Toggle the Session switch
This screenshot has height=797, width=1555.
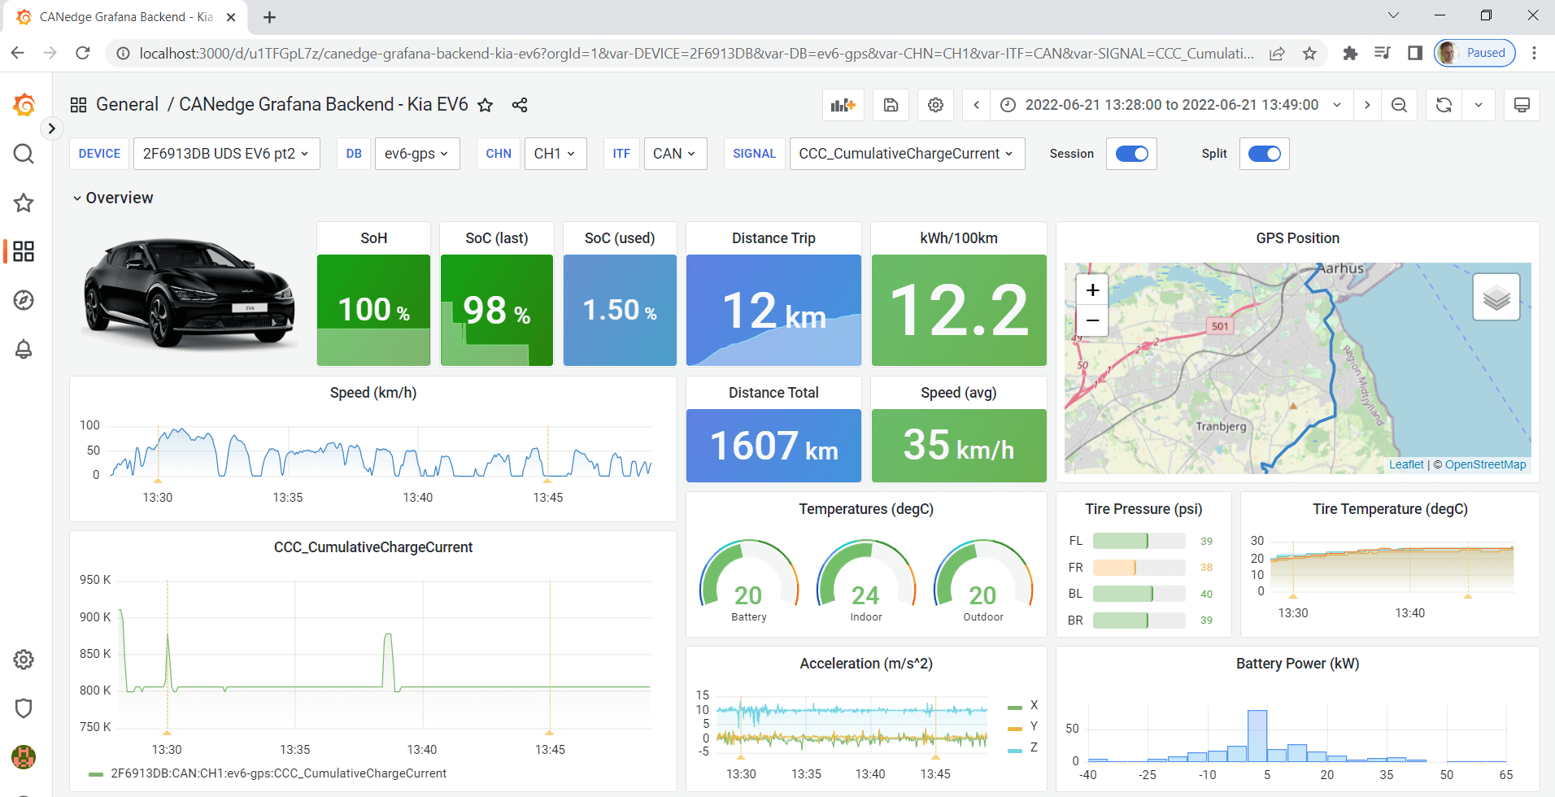click(x=1131, y=154)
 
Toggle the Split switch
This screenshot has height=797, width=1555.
click(x=1264, y=154)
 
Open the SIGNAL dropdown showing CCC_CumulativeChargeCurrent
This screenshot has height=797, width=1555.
click(x=906, y=154)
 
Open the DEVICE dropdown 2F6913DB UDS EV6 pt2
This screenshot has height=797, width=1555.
click(x=225, y=154)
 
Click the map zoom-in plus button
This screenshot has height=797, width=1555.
click(x=1092, y=290)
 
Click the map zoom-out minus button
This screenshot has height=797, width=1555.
click(x=1092, y=320)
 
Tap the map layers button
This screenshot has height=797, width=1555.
click(x=1496, y=298)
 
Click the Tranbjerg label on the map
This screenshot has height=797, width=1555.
click(x=1221, y=426)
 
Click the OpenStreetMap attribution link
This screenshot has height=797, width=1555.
click(x=1485, y=464)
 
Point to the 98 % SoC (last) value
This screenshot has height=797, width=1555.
click(x=496, y=311)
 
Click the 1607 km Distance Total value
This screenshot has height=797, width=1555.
click(x=773, y=446)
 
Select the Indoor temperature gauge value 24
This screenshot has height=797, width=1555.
click(x=865, y=595)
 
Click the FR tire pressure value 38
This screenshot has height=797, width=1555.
click(x=1206, y=568)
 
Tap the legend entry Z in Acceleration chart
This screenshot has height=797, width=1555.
click(x=1033, y=747)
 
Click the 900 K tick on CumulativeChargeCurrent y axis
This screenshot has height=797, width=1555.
click(x=95, y=617)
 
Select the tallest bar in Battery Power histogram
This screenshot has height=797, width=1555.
click(x=1257, y=735)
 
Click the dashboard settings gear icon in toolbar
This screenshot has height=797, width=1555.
click(x=935, y=105)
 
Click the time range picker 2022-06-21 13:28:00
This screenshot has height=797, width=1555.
click(x=1171, y=105)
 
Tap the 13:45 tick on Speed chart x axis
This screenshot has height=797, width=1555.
click(x=547, y=498)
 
